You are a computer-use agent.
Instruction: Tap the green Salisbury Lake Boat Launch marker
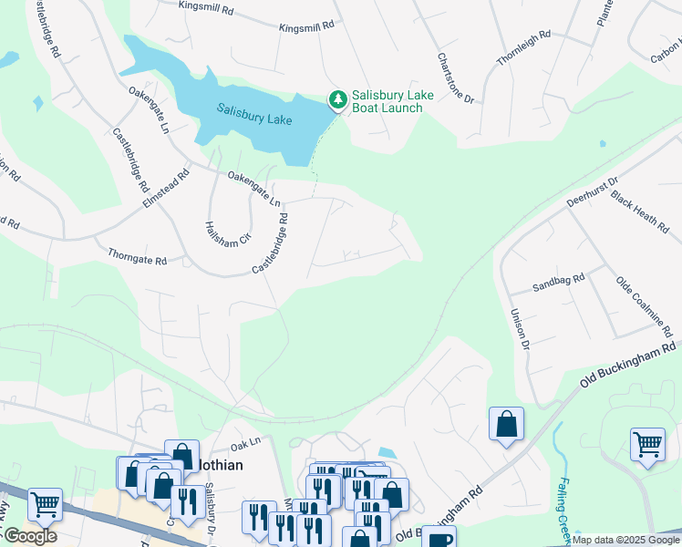[x=337, y=98]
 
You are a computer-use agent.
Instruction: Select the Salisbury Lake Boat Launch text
[x=387, y=101]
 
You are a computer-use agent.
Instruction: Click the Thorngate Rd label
[x=137, y=256]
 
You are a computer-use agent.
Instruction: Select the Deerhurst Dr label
[x=592, y=194]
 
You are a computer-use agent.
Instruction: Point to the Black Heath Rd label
[x=639, y=212]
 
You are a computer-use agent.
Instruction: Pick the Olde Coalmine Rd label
[x=648, y=306]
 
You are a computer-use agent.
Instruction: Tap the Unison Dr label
[x=518, y=327]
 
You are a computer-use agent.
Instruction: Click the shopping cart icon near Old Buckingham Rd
[x=647, y=445]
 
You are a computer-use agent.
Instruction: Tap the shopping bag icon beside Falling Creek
[x=506, y=424]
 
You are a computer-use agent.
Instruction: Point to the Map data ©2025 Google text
[x=625, y=541]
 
